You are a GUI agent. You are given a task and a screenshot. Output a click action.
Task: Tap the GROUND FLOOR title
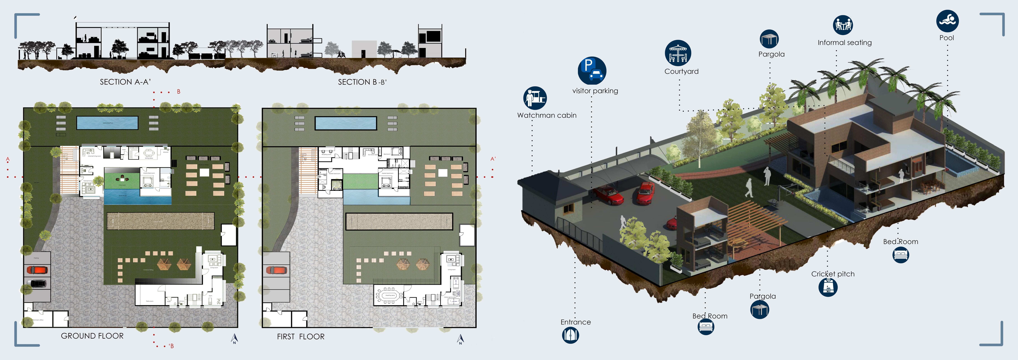tap(92, 336)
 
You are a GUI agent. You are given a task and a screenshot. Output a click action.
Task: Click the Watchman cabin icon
tap(535, 98)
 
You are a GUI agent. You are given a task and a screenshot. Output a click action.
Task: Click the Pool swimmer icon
tap(947, 21)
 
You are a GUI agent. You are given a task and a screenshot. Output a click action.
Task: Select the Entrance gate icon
tap(570, 335)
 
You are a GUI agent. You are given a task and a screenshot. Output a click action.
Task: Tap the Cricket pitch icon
tap(828, 287)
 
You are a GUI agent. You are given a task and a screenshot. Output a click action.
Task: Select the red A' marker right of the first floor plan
tap(493, 159)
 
